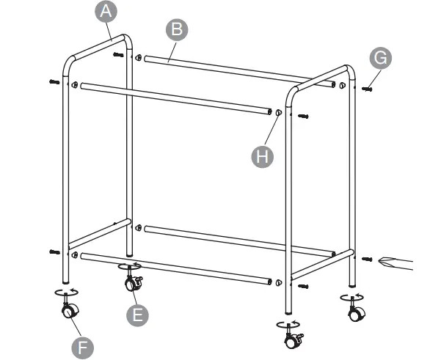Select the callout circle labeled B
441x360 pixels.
(x=176, y=30)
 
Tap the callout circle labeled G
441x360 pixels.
(x=379, y=58)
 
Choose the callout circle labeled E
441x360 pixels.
(x=136, y=315)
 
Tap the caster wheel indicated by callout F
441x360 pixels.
(x=68, y=312)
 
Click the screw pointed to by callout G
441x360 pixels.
(x=366, y=88)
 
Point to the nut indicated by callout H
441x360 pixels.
(x=279, y=112)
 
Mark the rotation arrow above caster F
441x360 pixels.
(x=65, y=292)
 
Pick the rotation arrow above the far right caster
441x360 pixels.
(x=353, y=297)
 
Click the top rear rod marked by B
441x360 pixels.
(x=242, y=70)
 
